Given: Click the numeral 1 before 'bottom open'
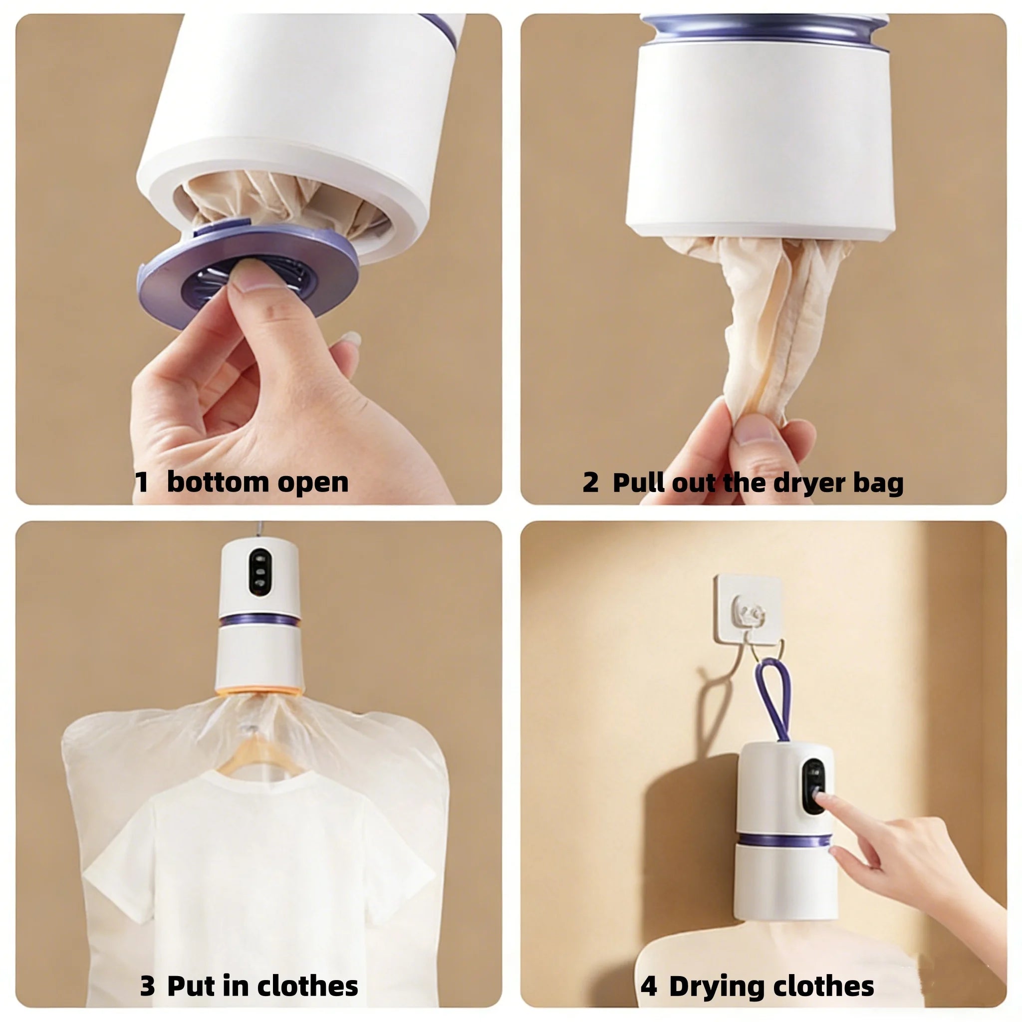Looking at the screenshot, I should [x=141, y=483].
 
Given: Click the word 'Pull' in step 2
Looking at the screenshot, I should [x=637, y=483].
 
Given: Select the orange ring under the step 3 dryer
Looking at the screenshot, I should [x=259, y=690].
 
